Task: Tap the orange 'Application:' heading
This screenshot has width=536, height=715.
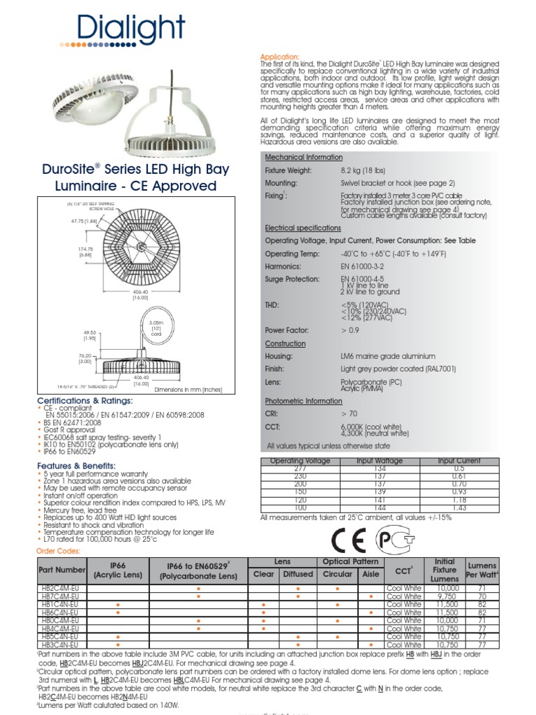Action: [280, 56]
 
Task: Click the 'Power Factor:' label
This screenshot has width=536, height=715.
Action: [287, 330]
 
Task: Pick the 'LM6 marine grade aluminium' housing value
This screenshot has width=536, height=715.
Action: [387, 356]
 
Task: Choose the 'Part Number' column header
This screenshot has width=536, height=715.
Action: [61, 570]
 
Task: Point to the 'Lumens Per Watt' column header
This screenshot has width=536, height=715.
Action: [482, 570]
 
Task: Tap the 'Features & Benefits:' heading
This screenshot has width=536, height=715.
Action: [75, 466]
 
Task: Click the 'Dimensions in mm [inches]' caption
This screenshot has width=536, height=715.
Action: [188, 389]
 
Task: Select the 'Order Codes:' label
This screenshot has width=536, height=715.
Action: [58, 551]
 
